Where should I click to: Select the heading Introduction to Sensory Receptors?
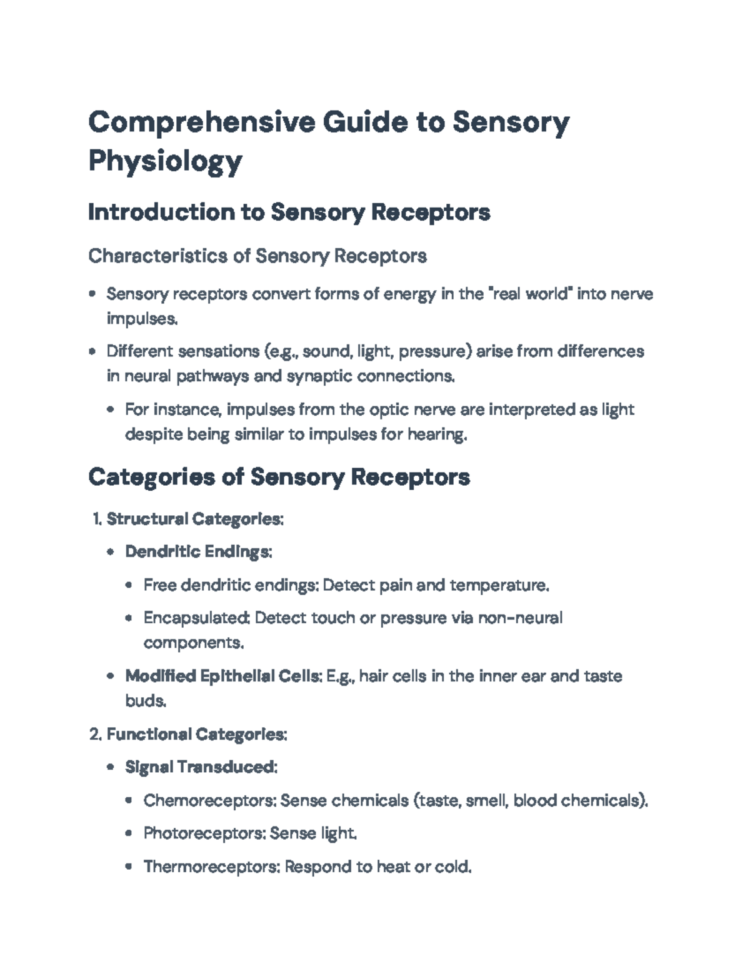coord(289,213)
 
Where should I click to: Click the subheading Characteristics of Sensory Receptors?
coord(257,256)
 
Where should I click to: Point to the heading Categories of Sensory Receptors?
coord(279,477)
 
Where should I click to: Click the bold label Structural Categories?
coord(194,519)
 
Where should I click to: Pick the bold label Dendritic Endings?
coord(197,552)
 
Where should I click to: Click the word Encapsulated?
coord(196,618)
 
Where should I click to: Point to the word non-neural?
coord(520,618)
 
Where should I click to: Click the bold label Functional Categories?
coord(196,734)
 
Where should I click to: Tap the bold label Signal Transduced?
coord(200,767)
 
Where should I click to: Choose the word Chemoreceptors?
coord(208,800)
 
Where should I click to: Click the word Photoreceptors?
coord(204,833)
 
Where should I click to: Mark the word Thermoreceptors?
coord(212,867)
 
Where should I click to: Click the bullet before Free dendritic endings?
coord(129,586)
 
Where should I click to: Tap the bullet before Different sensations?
coord(92,351)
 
